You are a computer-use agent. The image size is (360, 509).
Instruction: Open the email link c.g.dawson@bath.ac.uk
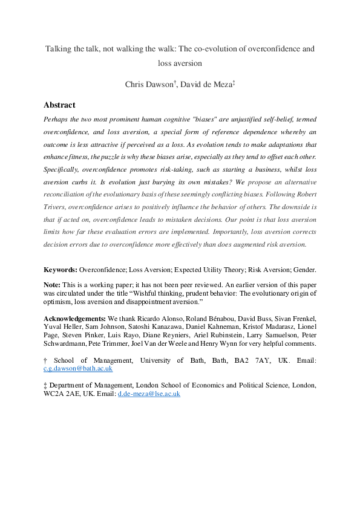click(78, 368)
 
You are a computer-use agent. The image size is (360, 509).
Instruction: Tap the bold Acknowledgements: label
click(75, 318)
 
